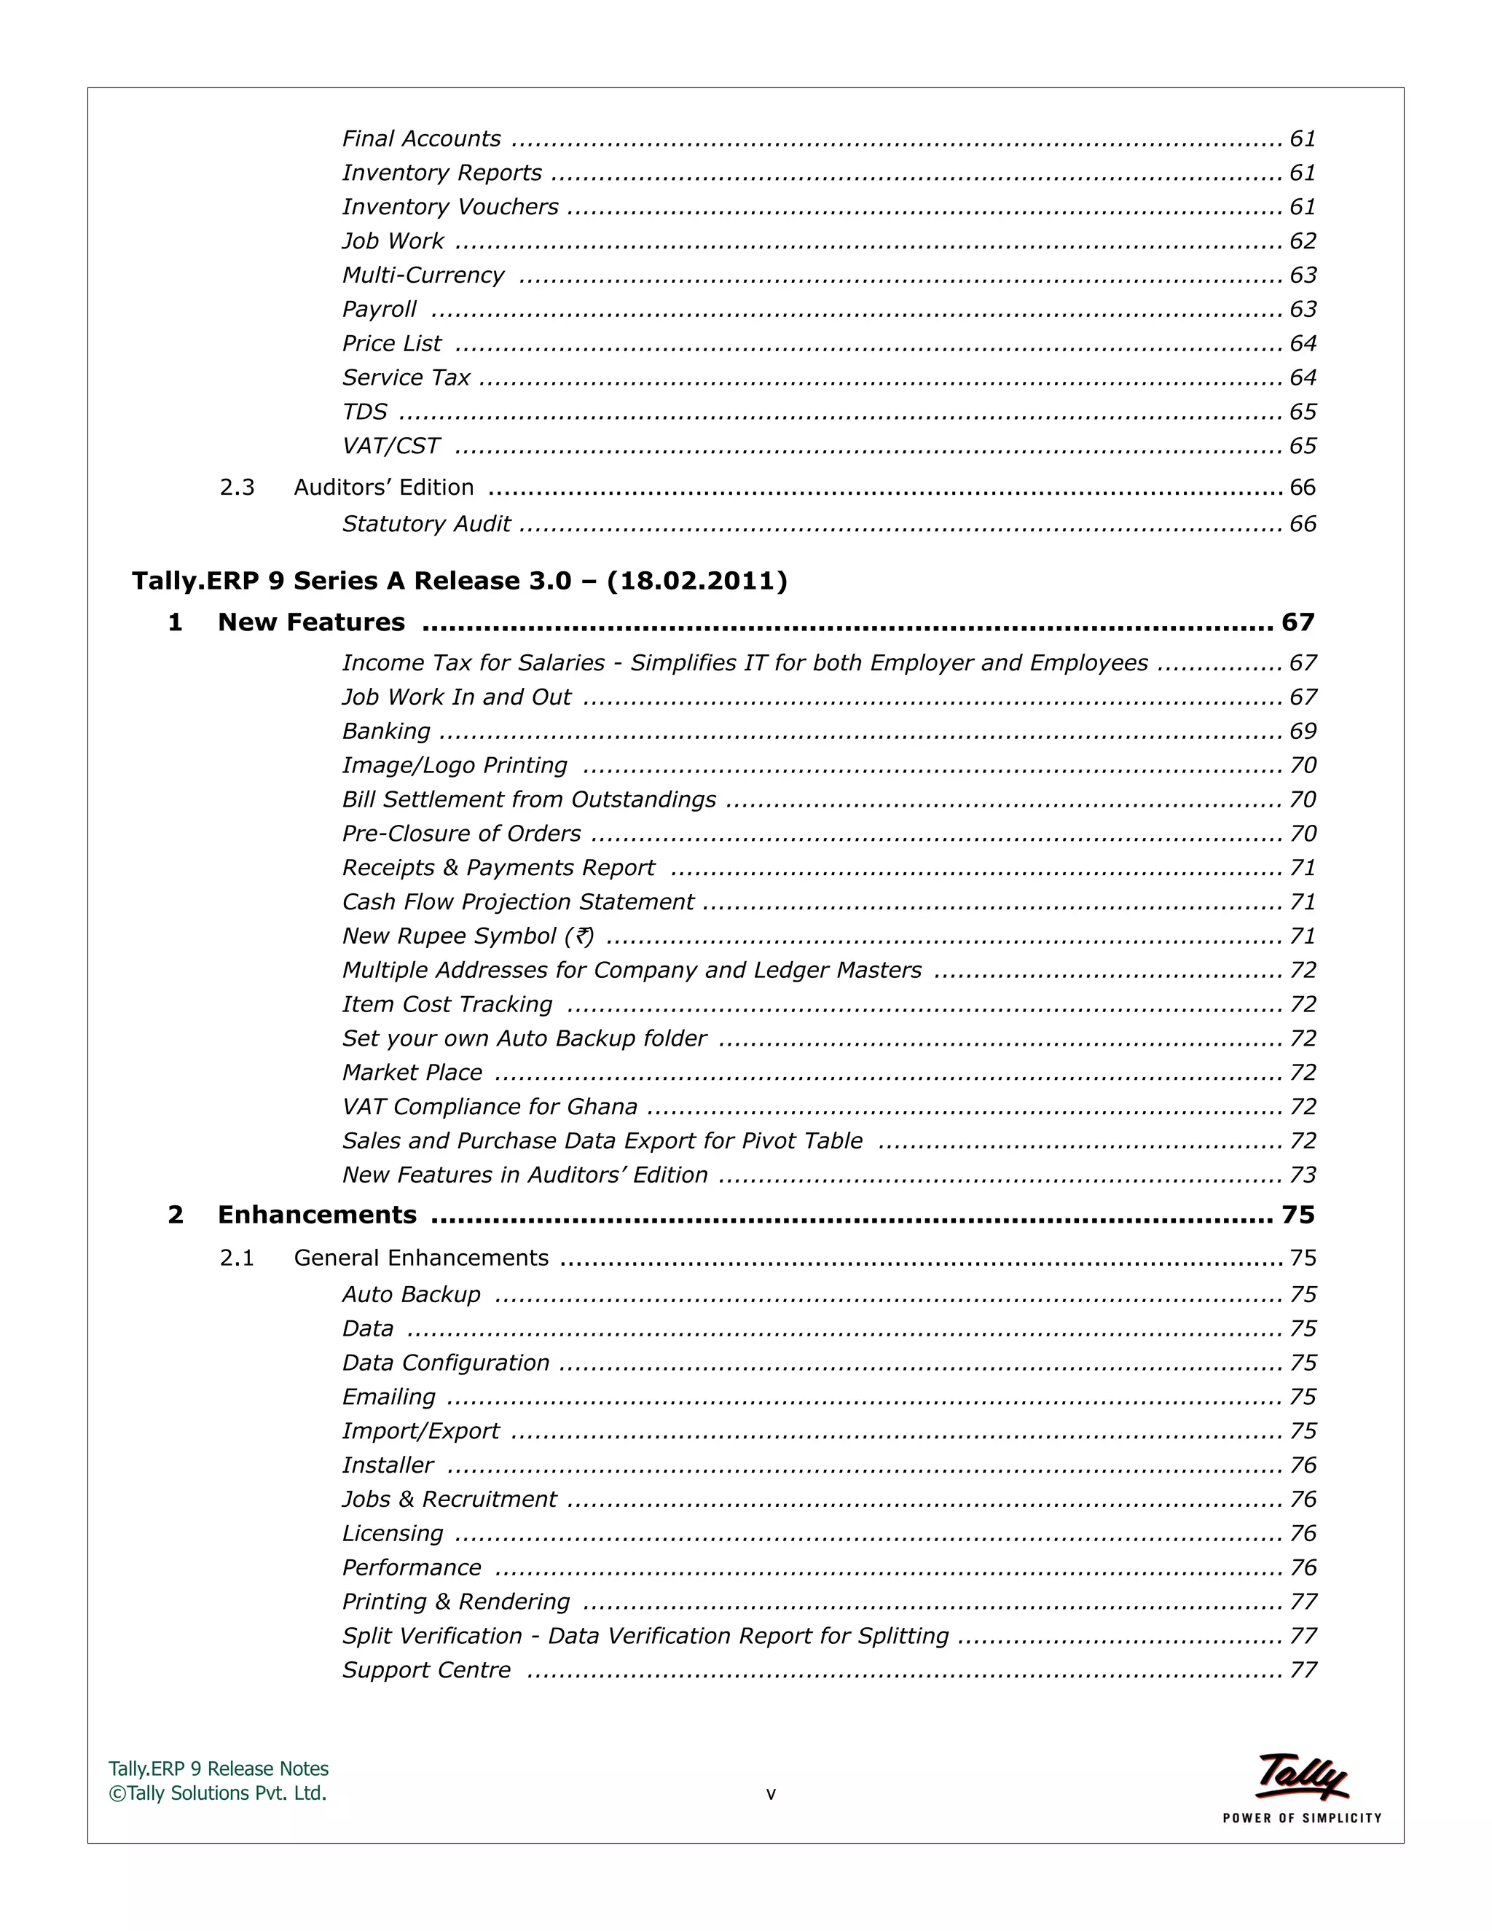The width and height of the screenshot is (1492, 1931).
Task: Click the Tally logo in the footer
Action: [1301, 1777]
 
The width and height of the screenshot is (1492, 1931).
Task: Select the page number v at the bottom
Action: [771, 1794]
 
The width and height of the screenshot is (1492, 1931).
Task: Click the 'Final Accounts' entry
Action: [421, 138]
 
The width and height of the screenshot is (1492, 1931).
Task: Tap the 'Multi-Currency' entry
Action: [423, 275]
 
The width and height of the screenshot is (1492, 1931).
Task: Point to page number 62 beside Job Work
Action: [1302, 241]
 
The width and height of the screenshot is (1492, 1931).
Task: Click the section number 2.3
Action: [237, 487]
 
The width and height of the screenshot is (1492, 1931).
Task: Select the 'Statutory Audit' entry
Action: [426, 525]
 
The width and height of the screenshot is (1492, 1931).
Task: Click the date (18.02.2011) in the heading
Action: [696, 581]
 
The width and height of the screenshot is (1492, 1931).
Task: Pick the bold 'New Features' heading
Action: [311, 622]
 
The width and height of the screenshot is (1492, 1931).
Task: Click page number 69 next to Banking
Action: [1302, 731]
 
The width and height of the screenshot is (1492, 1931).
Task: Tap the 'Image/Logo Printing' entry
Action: [455, 766]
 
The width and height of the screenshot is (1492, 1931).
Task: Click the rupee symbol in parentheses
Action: [584, 936]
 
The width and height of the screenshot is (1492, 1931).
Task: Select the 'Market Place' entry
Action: [412, 1073]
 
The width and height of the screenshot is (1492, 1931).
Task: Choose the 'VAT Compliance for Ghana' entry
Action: [490, 1107]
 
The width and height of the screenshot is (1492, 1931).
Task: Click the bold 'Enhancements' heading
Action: [316, 1215]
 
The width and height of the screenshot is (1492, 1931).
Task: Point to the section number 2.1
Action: [237, 1258]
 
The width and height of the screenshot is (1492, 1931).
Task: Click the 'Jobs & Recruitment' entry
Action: [449, 1500]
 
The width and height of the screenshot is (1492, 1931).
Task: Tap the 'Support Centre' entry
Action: [426, 1670]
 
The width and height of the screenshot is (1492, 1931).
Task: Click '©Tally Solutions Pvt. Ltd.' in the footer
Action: [217, 1793]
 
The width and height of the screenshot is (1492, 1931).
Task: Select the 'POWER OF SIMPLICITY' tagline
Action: [1301, 1818]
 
